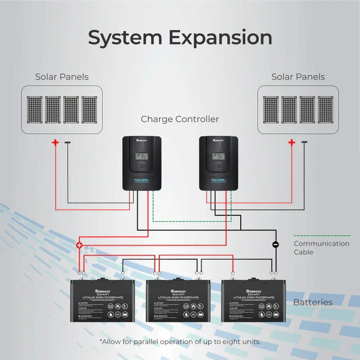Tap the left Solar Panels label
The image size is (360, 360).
pos(62,77)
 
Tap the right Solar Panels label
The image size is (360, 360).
pos(298,77)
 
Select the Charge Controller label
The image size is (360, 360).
pos(179,119)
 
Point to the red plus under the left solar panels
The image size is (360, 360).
pos(55,142)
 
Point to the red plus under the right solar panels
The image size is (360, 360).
pos(291,142)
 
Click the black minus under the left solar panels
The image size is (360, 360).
pos(67,142)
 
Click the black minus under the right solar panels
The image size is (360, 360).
pos(304,142)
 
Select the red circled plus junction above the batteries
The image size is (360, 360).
pos(79,245)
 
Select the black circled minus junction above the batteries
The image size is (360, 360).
pos(275,245)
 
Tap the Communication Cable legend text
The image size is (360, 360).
pos(321,248)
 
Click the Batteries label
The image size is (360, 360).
pos(313,303)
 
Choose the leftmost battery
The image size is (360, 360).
pos(103,301)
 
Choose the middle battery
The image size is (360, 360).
pos(179,301)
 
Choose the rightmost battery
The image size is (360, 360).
pos(254,301)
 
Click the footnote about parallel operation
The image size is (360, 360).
pos(180,341)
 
